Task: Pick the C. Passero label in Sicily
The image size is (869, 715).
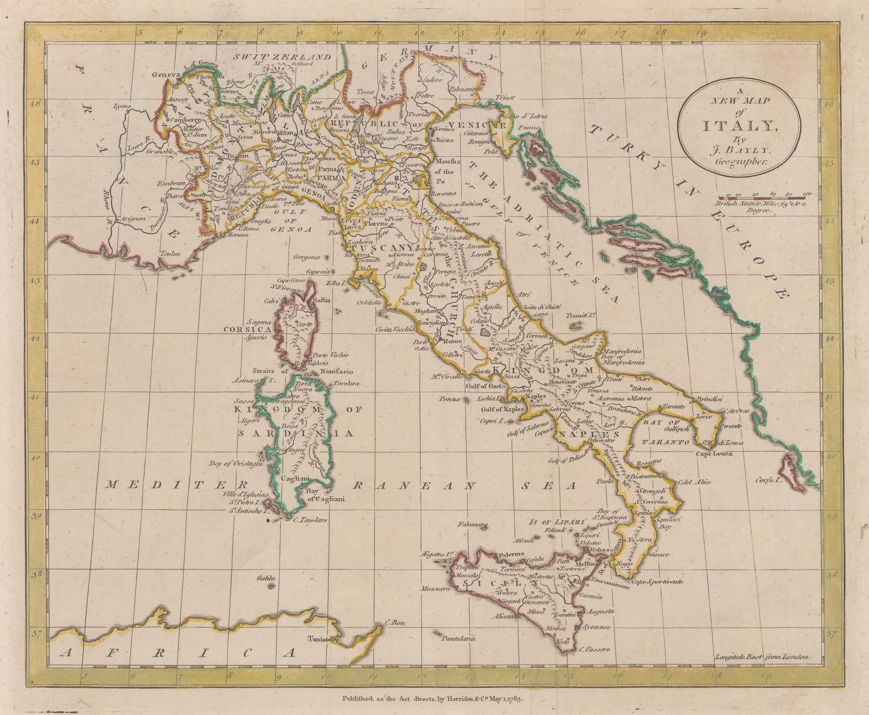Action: pos(595,649)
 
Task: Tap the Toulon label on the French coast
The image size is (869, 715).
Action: pos(170,253)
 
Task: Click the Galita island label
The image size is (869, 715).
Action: pos(267,579)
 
